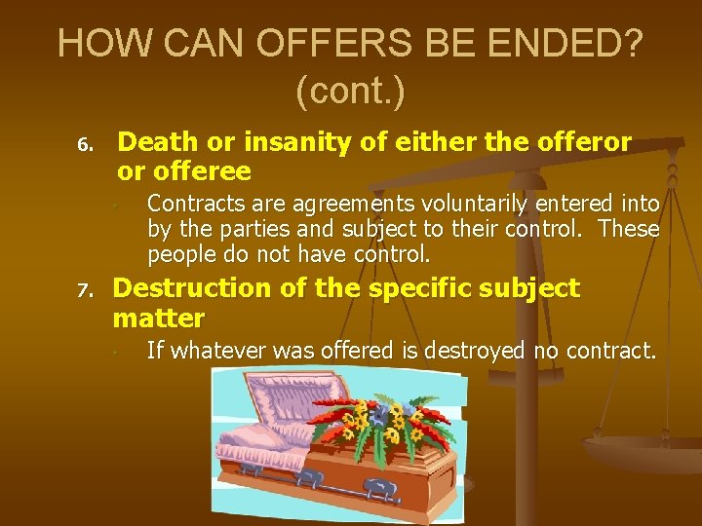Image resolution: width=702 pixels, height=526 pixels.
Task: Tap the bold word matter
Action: pos(159,318)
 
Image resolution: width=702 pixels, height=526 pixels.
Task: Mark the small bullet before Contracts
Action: pos(115,206)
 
